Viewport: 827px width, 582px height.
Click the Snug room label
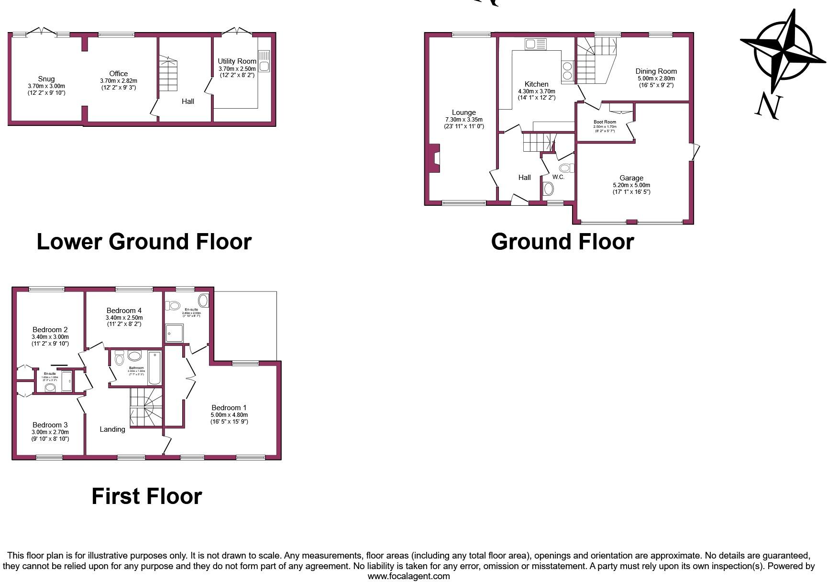[46, 79]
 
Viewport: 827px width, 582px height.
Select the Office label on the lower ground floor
[119, 74]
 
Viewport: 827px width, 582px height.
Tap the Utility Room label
[237, 61]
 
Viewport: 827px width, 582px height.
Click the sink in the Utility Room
[264, 61]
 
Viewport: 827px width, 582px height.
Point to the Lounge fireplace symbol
[434, 158]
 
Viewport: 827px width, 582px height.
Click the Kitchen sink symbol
[536, 45]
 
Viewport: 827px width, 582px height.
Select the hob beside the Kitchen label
[567, 71]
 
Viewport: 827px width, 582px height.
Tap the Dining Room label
[656, 71]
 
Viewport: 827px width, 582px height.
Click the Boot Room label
[605, 122]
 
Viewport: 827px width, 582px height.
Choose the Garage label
[631, 178]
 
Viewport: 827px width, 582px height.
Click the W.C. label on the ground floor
[558, 177]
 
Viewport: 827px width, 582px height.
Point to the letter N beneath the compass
[769, 106]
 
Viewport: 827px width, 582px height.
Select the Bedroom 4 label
[124, 311]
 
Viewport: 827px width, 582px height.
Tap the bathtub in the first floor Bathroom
[155, 368]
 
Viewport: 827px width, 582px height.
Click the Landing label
[112, 429]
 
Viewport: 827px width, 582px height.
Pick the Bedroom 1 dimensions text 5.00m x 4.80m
[229, 415]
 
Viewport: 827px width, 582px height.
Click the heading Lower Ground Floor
[144, 242]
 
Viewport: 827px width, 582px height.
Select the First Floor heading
[147, 496]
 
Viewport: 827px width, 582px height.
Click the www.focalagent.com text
[408, 576]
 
